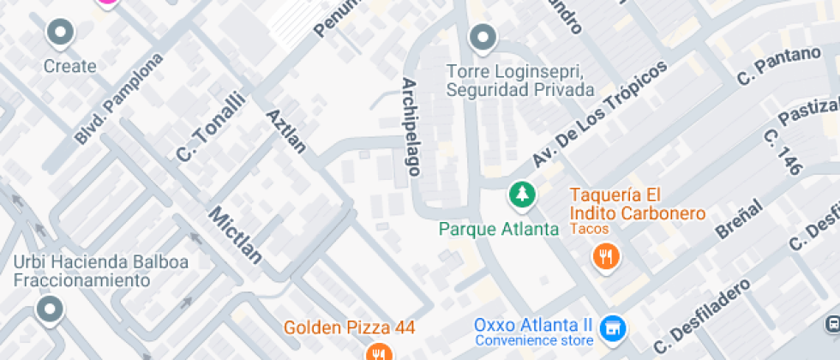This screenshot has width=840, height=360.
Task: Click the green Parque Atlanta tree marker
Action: tap(521, 195)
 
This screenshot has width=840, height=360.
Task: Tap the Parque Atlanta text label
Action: tap(499, 229)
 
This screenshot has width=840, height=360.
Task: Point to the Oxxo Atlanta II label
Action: tap(533, 326)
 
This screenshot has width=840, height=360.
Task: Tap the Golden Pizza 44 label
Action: tap(350, 327)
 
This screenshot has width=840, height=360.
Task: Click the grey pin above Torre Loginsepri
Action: tap(483, 38)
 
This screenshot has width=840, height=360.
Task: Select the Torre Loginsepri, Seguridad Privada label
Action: tap(520, 80)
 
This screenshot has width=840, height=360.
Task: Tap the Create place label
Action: tap(69, 66)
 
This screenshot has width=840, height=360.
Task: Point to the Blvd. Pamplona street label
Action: tap(118, 99)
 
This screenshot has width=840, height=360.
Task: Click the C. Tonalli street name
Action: tap(210, 127)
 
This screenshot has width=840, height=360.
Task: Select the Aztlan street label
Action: tap(286, 131)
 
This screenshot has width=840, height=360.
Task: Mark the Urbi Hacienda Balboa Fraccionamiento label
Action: tap(88, 271)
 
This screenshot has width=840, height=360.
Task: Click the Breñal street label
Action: tap(738, 219)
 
